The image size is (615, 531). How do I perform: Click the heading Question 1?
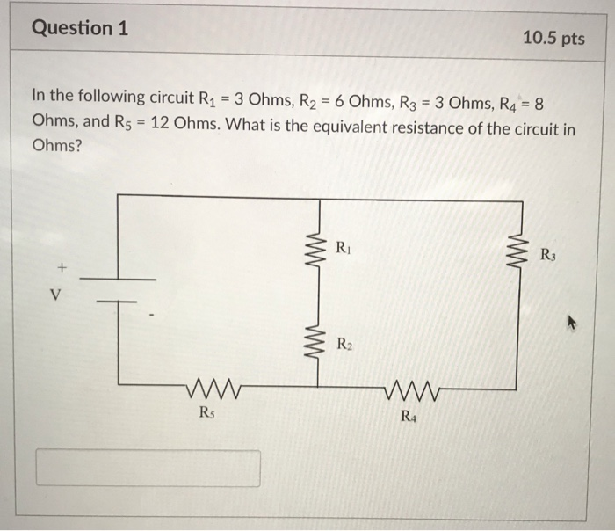click(x=80, y=28)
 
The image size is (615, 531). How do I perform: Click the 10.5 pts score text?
click(x=553, y=39)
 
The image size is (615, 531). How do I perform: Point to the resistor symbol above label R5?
click(x=212, y=387)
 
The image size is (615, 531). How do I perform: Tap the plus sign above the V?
click(x=61, y=265)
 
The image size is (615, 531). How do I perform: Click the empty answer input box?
click(x=148, y=468)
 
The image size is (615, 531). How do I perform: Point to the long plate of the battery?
click(x=118, y=280)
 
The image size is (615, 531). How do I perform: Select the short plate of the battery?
click(x=118, y=302)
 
